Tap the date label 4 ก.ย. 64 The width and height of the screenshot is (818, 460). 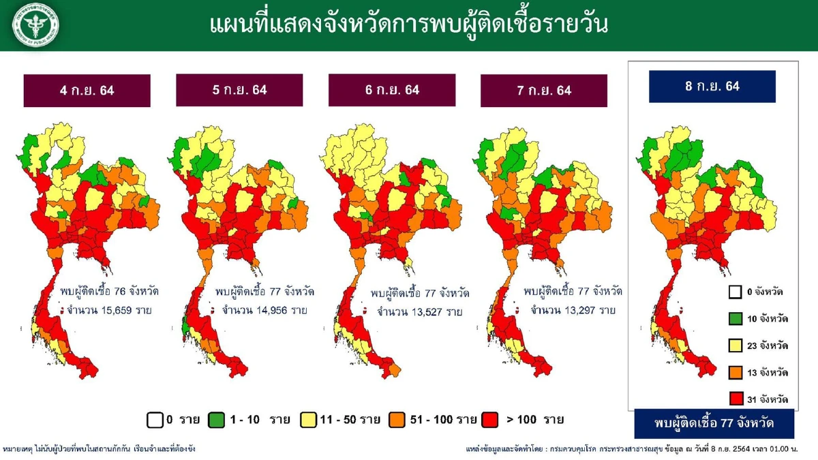click(x=87, y=91)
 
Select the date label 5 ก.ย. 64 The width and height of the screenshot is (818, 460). click(x=239, y=90)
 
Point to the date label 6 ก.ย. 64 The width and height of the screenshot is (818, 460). click(x=391, y=90)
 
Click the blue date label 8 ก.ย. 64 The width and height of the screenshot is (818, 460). click(x=712, y=87)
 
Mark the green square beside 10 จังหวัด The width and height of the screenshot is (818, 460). click(x=734, y=319)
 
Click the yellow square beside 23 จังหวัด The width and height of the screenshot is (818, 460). click(x=734, y=346)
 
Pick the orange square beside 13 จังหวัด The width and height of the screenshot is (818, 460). click(x=734, y=372)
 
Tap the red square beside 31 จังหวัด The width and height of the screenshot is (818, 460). click(x=734, y=399)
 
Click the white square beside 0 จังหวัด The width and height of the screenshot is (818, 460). click(x=734, y=292)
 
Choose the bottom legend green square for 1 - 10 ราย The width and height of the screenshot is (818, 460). click(x=217, y=419)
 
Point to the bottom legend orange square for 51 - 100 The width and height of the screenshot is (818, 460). click(x=397, y=419)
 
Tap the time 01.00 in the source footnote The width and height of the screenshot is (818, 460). click(x=773, y=450)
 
